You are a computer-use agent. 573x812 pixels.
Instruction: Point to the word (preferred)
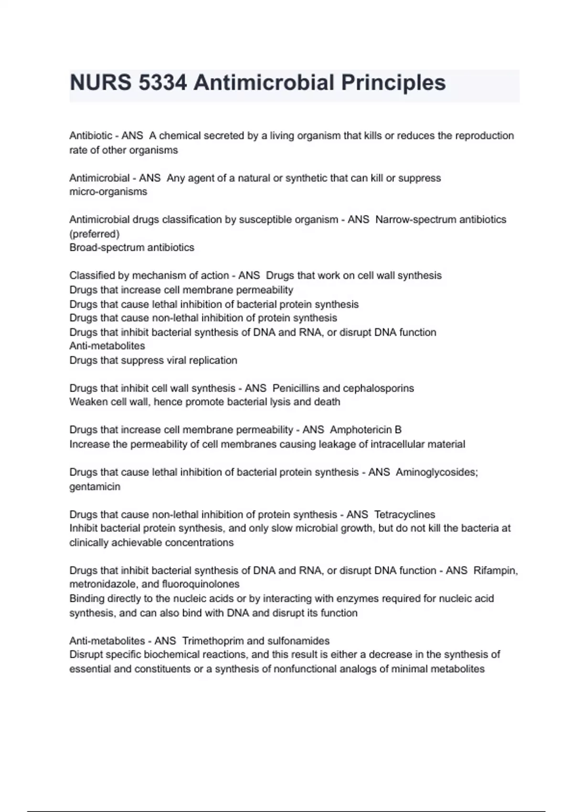94,234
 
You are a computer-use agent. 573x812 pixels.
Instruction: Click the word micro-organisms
108,192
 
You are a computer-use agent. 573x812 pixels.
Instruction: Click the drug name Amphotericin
361,430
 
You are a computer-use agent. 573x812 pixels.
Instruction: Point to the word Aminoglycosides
436,472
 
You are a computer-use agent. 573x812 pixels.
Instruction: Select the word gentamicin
95,487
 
